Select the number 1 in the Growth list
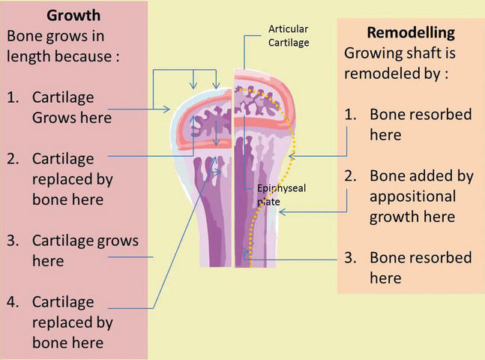click(x=14, y=98)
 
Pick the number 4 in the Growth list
click(x=14, y=301)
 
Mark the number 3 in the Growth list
click(x=14, y=241)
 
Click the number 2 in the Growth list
click(x=14, y=160)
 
